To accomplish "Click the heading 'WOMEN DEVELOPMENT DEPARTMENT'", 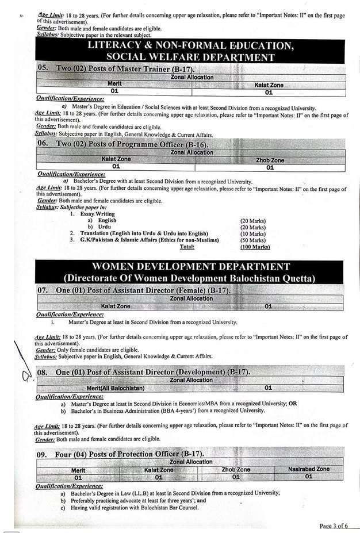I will tap(189, 267).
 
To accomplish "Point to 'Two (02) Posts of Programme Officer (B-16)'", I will tap(131, 144).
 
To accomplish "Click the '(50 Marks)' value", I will tap(252, 240).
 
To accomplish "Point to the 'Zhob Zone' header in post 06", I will tap(270, 160).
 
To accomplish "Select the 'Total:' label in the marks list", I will tap(187, 247).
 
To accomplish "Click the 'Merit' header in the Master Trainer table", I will tap(114, 84).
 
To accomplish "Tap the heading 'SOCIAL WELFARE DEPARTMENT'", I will tap(189, 57).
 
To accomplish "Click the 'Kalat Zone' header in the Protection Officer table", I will tap(159, 469).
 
